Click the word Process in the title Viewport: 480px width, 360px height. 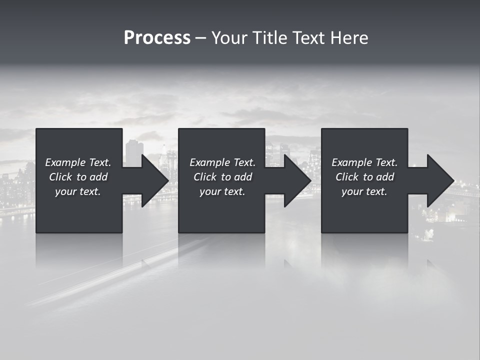tap(157, 38)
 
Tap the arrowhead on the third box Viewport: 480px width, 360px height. tap(439, 180)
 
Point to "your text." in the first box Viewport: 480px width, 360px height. tap(78, 191)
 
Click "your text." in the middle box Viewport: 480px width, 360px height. tap(222, 191)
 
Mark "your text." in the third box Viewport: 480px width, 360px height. tap(364, 191)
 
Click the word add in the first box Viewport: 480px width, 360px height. tap(98, 177)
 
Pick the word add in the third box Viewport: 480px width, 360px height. tap(385, 177)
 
